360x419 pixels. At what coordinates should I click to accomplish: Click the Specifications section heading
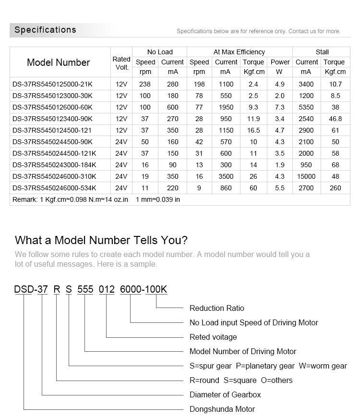pyautogui.click(x=45, y=30)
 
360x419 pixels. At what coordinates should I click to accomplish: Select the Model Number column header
pyautogui.click(x=58, y=62)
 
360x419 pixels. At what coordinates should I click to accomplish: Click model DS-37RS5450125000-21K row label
pyautogui.click(x=52, y=84)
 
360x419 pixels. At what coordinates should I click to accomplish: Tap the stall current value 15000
pyautogui.click(x=306, y=176)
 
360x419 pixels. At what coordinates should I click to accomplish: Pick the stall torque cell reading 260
pyautogui.click(x=335, y=188)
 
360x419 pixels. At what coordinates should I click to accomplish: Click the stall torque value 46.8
pyautogui.click(x=335, y=119)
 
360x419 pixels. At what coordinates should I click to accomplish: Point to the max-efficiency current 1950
pyautogui.click(x=226, y=107)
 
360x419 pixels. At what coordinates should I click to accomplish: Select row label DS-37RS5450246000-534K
pyautogui.click(x=54, y=188)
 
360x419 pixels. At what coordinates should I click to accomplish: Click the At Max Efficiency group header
pyautogui.click(x=239, y=52)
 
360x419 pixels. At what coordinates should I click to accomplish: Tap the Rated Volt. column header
pyautogui.click(x=121, y=63)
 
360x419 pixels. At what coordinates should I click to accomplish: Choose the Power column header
pyautogui.click(x=280, y=62)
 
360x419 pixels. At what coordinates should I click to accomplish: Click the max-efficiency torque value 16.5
pyautogui.click(x=253, y=130)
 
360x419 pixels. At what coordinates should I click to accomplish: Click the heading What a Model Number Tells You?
pyautogui.click(x=101, y=240)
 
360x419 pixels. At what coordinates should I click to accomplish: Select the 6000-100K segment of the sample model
pyautogui.click(x=143, y=289)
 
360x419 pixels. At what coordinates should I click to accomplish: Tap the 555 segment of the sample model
pyautogui.click(x=85, y=289)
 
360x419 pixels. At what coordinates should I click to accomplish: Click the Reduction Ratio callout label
pyautogui.click(x=216, y=308)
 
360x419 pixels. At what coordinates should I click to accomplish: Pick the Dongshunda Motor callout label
pyautogui.click(x=222, y=409)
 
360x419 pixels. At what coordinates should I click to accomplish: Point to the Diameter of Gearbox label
pyautogui.click(x=225, y=394)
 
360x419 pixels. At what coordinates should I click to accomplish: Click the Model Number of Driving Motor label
pyautogui.click(x=243, y=351)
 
